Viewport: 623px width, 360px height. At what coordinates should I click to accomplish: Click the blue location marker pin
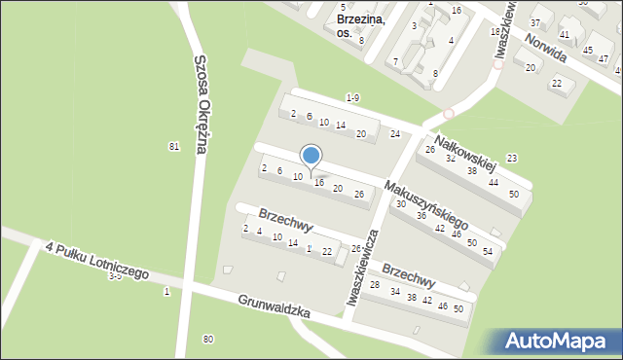click(311, 156)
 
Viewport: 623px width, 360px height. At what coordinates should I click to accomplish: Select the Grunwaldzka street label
click(274, 307)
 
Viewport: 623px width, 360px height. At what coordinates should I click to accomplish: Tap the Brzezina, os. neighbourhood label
click(360, 25)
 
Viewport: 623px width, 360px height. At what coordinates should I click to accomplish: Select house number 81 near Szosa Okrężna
click(174, 146)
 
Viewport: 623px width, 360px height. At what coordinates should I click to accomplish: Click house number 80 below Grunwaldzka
click(207, 339)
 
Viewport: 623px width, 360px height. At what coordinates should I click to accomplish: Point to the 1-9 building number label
click(353, 98)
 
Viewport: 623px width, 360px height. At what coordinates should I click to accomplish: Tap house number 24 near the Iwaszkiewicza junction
click(394, 133)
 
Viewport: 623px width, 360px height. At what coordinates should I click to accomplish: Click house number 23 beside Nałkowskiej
click(512, 158)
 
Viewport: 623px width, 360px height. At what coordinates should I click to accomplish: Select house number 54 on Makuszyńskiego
click(488, 251)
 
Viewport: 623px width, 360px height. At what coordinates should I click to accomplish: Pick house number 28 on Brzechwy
click(375, 284)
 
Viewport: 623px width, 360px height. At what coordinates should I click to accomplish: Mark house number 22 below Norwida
click(556, 83)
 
